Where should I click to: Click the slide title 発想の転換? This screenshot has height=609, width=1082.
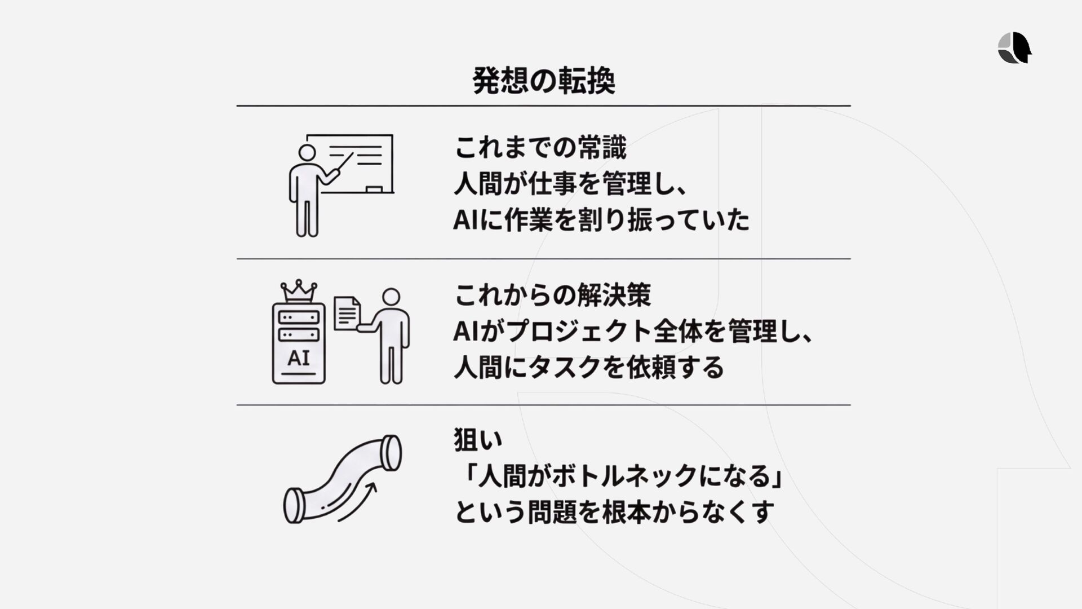coord(543,81)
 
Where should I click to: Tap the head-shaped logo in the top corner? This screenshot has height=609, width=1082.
coord(1014,47)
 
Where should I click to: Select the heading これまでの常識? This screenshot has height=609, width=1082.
coord(540,148)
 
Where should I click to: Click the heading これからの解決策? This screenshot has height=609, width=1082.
coord(552,295)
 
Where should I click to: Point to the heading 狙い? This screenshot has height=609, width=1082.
coord(478,440)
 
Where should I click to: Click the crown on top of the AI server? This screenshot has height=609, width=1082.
coord(299,291)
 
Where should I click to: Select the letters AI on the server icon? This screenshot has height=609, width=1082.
coord(298,358)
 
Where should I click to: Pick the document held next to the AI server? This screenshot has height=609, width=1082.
coord(347,313)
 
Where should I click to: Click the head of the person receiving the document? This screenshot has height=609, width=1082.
coord(391,297)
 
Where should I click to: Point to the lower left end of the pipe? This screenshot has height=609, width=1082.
coord(294,506)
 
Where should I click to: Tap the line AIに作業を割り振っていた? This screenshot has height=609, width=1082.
coord(601,220)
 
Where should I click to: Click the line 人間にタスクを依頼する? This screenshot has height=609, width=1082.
coord(588,368)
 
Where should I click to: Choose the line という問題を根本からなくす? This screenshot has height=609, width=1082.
coord(614,512)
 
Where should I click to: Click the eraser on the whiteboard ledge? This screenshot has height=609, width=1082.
coord(374,189)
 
